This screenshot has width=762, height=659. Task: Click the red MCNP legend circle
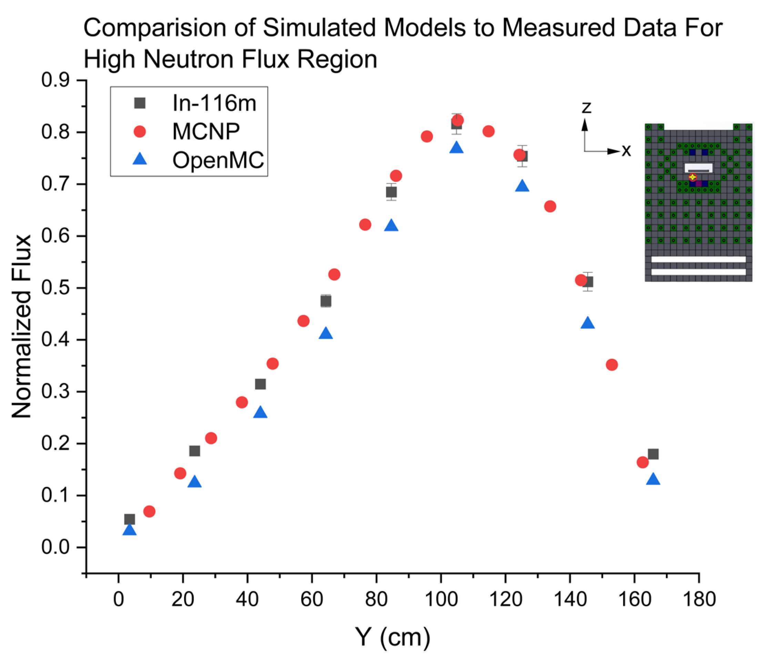point(140,131)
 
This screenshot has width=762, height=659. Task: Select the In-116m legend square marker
point(140,103)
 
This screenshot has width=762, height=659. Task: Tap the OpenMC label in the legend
point(218,160)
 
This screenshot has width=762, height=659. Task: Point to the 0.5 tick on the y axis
point(83,288)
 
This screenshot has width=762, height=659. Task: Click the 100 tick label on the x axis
point(441,599)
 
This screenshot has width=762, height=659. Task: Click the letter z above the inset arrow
point(586,107)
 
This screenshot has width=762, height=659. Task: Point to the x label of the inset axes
point(626,151)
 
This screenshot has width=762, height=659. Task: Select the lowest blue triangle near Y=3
point(130,530)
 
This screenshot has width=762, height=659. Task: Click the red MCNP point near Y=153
point(611,365)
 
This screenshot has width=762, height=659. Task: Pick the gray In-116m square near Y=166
point(653,454)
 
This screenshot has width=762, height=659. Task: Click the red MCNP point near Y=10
point(149,511)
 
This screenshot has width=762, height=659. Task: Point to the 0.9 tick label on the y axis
point(55,80)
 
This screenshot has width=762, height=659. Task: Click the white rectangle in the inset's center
point(698,168)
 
